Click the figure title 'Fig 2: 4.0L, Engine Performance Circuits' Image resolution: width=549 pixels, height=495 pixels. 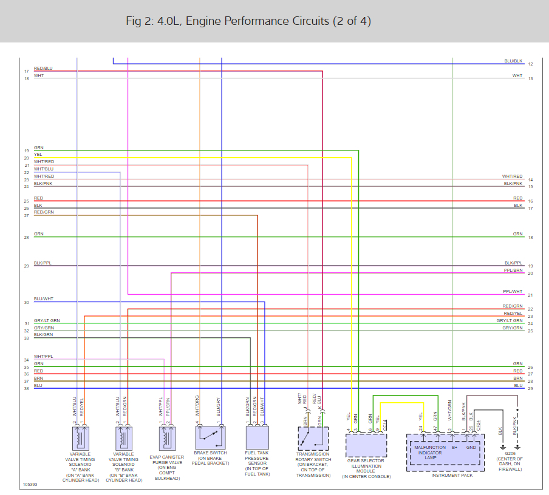248,21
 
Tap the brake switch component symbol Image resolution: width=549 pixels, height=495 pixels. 210,436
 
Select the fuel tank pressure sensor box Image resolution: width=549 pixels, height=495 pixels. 257,436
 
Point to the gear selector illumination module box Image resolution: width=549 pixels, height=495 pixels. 366,445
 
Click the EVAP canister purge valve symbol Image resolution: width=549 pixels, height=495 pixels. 168,437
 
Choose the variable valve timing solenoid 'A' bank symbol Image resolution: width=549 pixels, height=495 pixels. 81,437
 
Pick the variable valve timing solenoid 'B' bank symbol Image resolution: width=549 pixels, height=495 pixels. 124,437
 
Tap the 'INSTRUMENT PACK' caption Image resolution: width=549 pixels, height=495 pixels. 451,475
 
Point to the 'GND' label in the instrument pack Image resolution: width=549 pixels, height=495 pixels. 471,448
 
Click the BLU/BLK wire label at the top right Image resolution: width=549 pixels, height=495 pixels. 513,61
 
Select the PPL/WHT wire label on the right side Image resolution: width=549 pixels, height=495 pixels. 513,292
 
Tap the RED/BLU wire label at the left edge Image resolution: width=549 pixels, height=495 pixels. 43,69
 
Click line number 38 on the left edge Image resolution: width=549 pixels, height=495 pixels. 26,388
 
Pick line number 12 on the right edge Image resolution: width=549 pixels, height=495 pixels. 530,64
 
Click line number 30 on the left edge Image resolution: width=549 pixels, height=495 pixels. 26,302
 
